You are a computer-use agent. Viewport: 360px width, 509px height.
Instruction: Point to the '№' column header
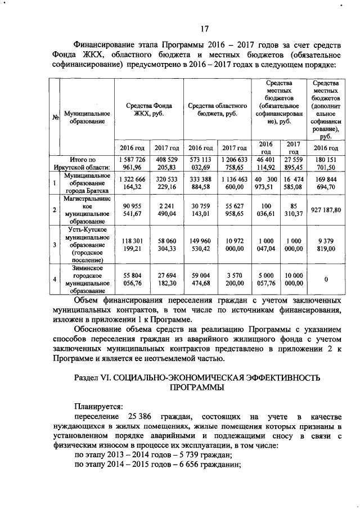click(56, 118)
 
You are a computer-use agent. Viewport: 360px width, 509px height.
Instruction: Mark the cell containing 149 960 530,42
click(200, 244)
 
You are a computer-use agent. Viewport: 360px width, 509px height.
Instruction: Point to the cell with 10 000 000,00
click(294, 279)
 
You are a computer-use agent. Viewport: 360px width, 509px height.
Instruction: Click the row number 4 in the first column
click(54, 279)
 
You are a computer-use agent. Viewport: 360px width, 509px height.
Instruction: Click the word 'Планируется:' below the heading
click(97, 406)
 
